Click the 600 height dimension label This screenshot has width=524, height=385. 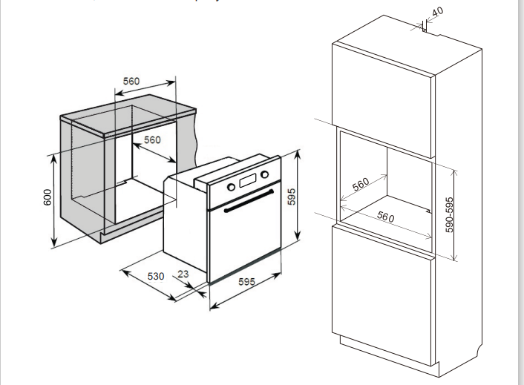tap(47, 198)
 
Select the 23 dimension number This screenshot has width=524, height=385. tap(183, 274)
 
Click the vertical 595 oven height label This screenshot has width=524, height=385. tap(292, 197)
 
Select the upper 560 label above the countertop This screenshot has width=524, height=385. tap(131, 81)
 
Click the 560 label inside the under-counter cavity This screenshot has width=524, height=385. tap(151, 140)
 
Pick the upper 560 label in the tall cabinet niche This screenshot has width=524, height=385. tap(361, 184)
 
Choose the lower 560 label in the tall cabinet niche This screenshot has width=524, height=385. tap(385, 217)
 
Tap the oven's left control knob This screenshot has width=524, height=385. tap(231, 186)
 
